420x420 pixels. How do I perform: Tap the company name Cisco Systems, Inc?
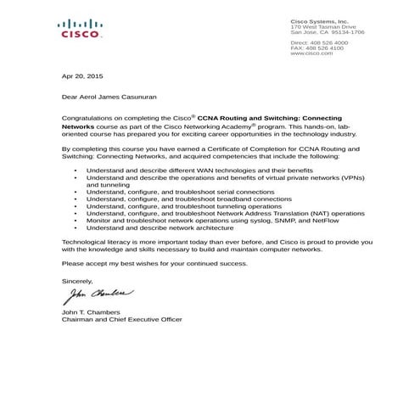319,21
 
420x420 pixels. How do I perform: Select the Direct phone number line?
319,42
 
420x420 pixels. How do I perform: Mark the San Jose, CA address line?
328,32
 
